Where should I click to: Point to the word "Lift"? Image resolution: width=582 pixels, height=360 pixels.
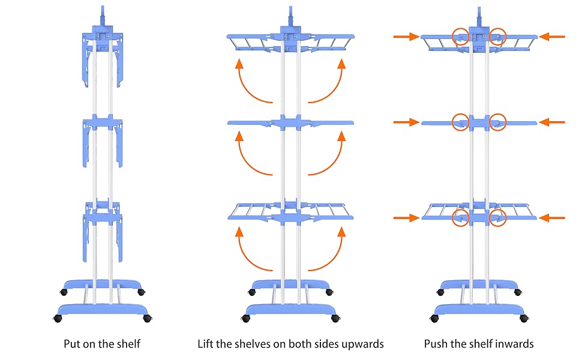(x=206, y=344)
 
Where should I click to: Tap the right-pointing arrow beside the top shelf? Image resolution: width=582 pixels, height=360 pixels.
(x=406, y=37)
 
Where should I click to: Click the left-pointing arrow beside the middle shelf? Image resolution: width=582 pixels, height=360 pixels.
(x=552, y=122)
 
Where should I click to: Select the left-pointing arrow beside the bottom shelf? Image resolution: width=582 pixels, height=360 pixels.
(x=552, y=218)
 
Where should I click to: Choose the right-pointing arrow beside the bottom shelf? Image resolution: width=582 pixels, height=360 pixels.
(x=406, y=218)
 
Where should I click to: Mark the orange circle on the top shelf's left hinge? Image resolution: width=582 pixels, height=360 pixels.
(x=461, y=37)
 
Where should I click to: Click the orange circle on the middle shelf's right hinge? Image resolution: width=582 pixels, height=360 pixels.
(x=497, y=122)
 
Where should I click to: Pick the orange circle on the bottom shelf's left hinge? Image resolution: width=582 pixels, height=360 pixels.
(x=461, y=217)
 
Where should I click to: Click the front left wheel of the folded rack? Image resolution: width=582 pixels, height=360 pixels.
(x=58, y=318)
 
